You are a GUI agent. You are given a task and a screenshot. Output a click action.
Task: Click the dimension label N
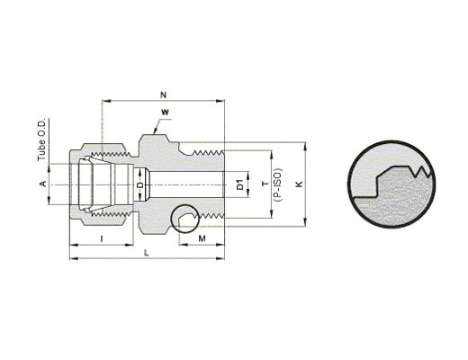[163, 95]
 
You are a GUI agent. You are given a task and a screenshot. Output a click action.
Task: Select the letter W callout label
[165, 112]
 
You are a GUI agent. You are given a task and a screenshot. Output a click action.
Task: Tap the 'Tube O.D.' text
[41, 139]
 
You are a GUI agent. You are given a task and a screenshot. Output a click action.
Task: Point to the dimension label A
[43, 184]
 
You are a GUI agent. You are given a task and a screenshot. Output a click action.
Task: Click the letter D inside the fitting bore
[140, 185]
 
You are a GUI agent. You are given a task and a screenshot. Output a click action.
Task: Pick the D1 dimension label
[239, 184]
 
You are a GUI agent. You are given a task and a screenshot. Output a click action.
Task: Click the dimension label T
[265, 184]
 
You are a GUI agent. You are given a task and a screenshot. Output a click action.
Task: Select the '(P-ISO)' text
[278, 184]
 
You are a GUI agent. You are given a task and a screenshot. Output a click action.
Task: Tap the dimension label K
[299, 184]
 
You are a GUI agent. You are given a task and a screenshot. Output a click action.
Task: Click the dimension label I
[102, 238]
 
